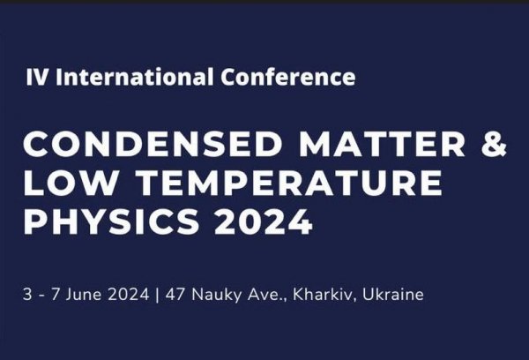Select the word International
135,77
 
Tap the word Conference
287,77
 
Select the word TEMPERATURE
290,183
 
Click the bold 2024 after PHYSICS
263,221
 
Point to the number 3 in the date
27,295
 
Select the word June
84,295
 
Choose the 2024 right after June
129,295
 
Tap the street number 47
175,295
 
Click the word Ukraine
393,294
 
